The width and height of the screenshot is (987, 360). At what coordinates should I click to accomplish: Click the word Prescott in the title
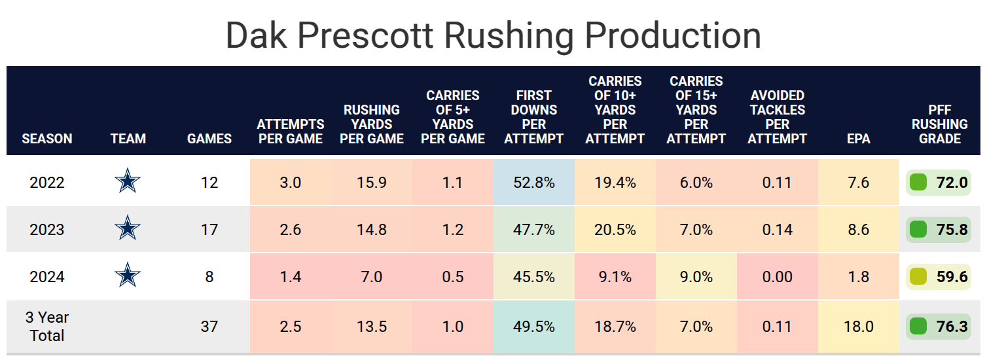click(370, 36)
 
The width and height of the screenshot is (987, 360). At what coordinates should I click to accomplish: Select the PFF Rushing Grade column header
click(939, 124)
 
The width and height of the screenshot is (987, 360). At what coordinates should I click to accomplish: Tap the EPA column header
click(858, 139)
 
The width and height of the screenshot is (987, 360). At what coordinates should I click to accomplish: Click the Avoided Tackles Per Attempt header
click(778, 117)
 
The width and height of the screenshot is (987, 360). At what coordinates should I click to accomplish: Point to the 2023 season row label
click(47, 230)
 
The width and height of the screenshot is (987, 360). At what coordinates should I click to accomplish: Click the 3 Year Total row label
click(47, 327)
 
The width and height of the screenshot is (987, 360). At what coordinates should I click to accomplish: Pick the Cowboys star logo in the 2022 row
click(128, 182)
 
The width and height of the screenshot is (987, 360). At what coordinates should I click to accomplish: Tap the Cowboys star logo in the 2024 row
click(128, 277)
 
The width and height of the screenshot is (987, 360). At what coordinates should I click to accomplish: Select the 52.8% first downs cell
click(534, 183)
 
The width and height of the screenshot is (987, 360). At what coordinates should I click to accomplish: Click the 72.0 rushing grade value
click(952, 183)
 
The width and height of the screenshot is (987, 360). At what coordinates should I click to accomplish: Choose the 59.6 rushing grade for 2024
click(952, 278)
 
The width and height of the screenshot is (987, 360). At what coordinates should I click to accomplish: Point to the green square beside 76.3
click(918, 327)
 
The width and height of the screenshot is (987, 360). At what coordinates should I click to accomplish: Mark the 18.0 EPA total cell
click(858, 327)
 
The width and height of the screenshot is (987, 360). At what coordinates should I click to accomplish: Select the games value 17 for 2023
click(209, 230)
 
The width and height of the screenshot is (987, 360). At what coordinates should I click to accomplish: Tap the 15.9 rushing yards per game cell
click(371, 183)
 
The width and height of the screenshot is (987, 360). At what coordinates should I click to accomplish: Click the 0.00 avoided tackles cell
click(777, 278)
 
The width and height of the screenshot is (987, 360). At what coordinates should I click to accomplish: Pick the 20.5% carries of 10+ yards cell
click(615, 230)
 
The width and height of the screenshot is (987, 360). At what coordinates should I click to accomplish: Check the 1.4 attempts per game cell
click(290, 278)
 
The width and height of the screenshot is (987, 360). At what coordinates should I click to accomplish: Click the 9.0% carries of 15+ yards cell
click(696, 278)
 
